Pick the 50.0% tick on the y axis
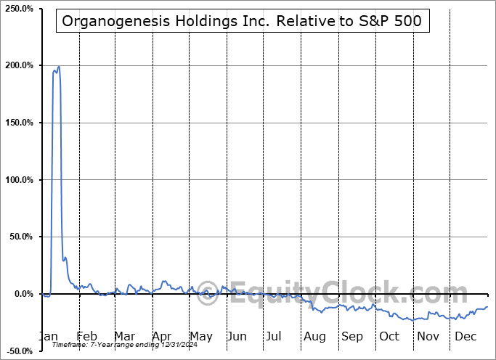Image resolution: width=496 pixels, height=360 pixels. click(20, 237)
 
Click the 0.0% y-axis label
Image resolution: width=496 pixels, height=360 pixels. click(23, 294)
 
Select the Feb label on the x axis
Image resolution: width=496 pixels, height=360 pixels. click(86, 337)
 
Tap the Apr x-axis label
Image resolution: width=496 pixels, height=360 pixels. click(162, 337)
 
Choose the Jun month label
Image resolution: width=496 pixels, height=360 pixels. click(237, 337)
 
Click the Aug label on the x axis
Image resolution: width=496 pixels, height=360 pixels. click(314, 337)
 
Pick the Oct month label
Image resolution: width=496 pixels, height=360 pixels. click(389, 337)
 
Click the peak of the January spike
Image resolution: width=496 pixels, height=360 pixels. click(58, 67)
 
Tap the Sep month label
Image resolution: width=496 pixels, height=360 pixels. click(352, 337)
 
